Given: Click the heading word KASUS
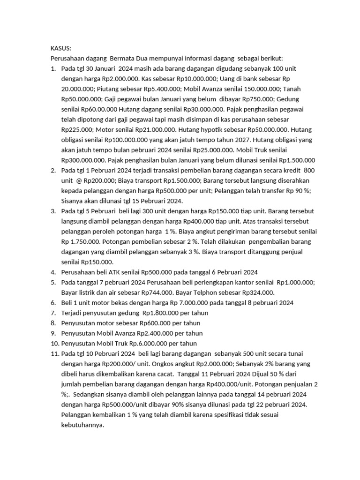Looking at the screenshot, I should (60, 48).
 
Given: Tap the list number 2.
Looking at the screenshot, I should (53, 170).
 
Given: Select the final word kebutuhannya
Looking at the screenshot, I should (82, 425).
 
